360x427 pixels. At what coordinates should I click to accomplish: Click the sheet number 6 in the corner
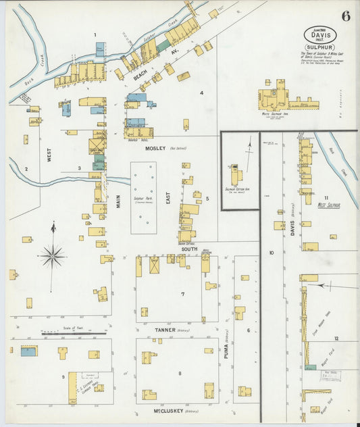pos(345,16)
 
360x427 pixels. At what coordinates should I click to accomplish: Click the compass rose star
pos(53,256)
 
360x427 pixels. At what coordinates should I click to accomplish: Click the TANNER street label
pos(165,330)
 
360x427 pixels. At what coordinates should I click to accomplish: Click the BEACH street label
pos(140,81)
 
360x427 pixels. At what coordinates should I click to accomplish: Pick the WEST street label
pos(49,156)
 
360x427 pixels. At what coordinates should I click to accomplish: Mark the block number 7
pos(182,294)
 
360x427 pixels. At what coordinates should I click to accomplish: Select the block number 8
pos(180,373)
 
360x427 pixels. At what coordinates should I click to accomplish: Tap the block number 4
pos(201,93)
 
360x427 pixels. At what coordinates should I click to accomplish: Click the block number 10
pos(271,253)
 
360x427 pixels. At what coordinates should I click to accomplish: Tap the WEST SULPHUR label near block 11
pos(329,204)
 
